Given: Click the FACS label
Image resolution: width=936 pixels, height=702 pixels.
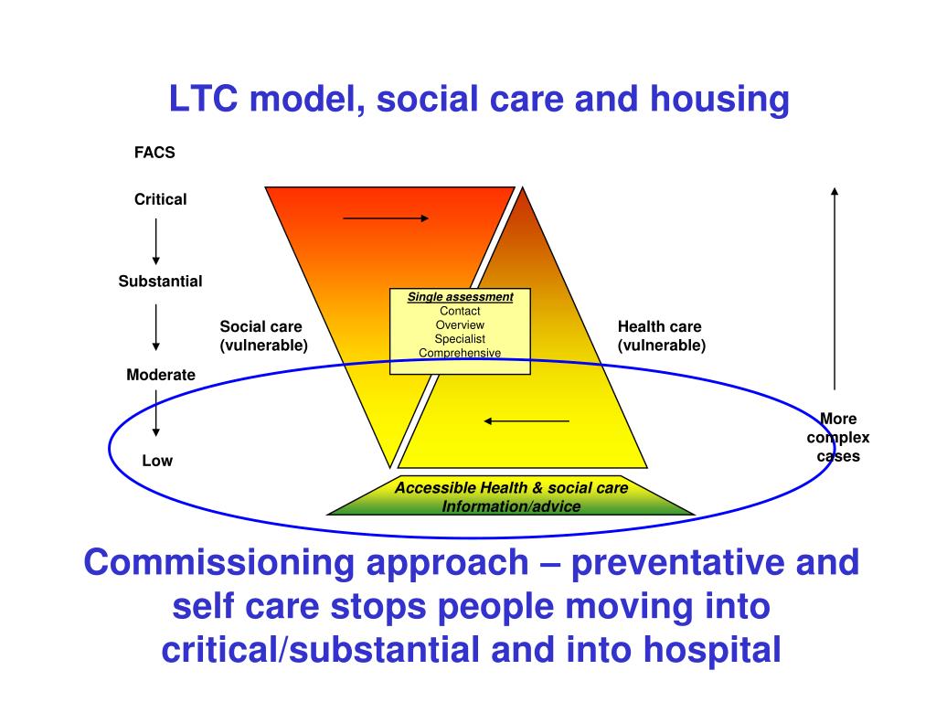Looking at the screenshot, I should coord(154,153).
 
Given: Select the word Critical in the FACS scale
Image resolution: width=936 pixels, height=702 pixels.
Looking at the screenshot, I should coord(160,199).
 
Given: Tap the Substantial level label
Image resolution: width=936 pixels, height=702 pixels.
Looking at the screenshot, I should coord(160,282).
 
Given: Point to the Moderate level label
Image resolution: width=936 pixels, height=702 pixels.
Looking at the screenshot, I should coord(160,375).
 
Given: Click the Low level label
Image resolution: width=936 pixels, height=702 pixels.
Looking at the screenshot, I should coord(157,461).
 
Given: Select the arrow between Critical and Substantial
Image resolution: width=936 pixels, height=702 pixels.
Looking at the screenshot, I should coord(156,241).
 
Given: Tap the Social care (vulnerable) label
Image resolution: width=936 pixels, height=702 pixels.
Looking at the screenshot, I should coord(263,336).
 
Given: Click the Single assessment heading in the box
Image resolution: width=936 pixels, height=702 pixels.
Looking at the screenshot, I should coord(460,297).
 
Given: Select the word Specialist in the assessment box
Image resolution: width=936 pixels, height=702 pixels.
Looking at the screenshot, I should coord(460,339).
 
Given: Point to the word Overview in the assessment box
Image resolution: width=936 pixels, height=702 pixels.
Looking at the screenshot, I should coord(460,325).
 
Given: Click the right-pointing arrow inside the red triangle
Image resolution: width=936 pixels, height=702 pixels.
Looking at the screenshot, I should coord(386,218).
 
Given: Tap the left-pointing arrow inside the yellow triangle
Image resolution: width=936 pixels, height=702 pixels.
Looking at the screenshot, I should coord(526,421).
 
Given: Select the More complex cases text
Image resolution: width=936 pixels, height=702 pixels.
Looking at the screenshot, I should coord(838,438).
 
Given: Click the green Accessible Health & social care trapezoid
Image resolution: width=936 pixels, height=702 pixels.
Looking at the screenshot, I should coord(511,496).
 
